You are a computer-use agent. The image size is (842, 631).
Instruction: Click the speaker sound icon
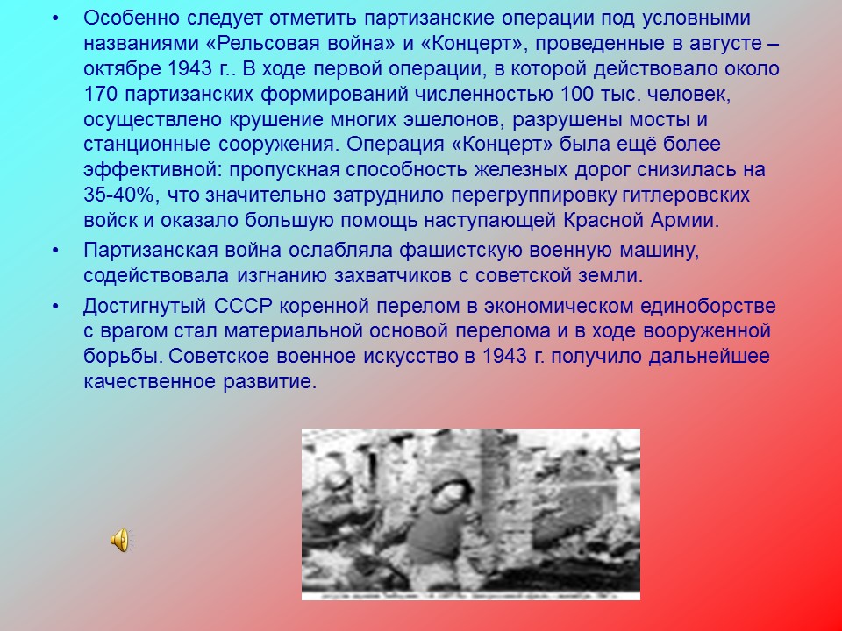(119, 541)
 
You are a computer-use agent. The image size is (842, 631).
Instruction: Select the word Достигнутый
(145, 308)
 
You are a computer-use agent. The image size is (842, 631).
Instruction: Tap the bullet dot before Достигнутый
(57, 308)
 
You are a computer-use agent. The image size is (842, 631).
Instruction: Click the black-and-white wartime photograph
(470, 514)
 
